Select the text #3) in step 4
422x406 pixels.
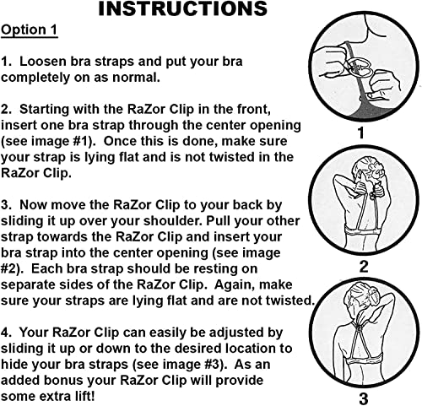coord(210,364)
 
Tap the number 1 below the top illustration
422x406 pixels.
coord(360,133)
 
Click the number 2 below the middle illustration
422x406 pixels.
coord(364,268)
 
